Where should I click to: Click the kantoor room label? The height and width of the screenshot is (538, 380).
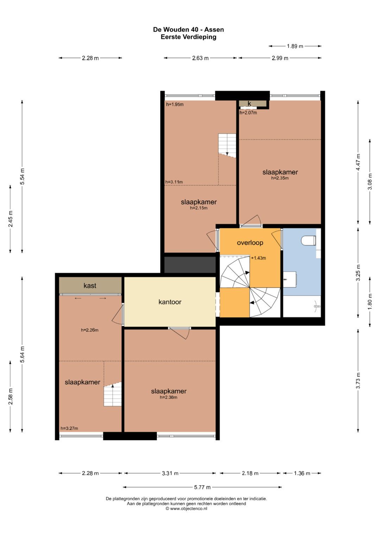[x=170, y=302]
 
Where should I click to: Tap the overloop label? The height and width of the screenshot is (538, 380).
[x=250, y=243]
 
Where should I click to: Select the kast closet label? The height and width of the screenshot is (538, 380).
[x=90, y=286]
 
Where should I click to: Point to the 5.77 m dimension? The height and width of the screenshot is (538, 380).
[x=202, y=487]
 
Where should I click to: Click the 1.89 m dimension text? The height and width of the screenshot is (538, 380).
[x=295, y=46]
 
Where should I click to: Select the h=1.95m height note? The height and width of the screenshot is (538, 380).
[x=175, y=105]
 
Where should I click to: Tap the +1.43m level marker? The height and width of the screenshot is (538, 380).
[x=258, y=258]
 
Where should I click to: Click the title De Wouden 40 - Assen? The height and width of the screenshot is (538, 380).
[x=188, y=30]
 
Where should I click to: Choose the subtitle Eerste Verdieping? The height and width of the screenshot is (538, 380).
[x=188, y=37]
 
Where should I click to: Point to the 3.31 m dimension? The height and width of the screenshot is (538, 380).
[x=170, y=474]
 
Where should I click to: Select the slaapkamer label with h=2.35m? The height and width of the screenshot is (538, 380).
[x=280, y=172]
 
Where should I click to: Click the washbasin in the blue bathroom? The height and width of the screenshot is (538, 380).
[x=290, y=279]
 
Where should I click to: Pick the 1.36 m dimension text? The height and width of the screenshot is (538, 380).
[x=302, y=474]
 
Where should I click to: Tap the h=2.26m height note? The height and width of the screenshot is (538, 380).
[x=89, y=330]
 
